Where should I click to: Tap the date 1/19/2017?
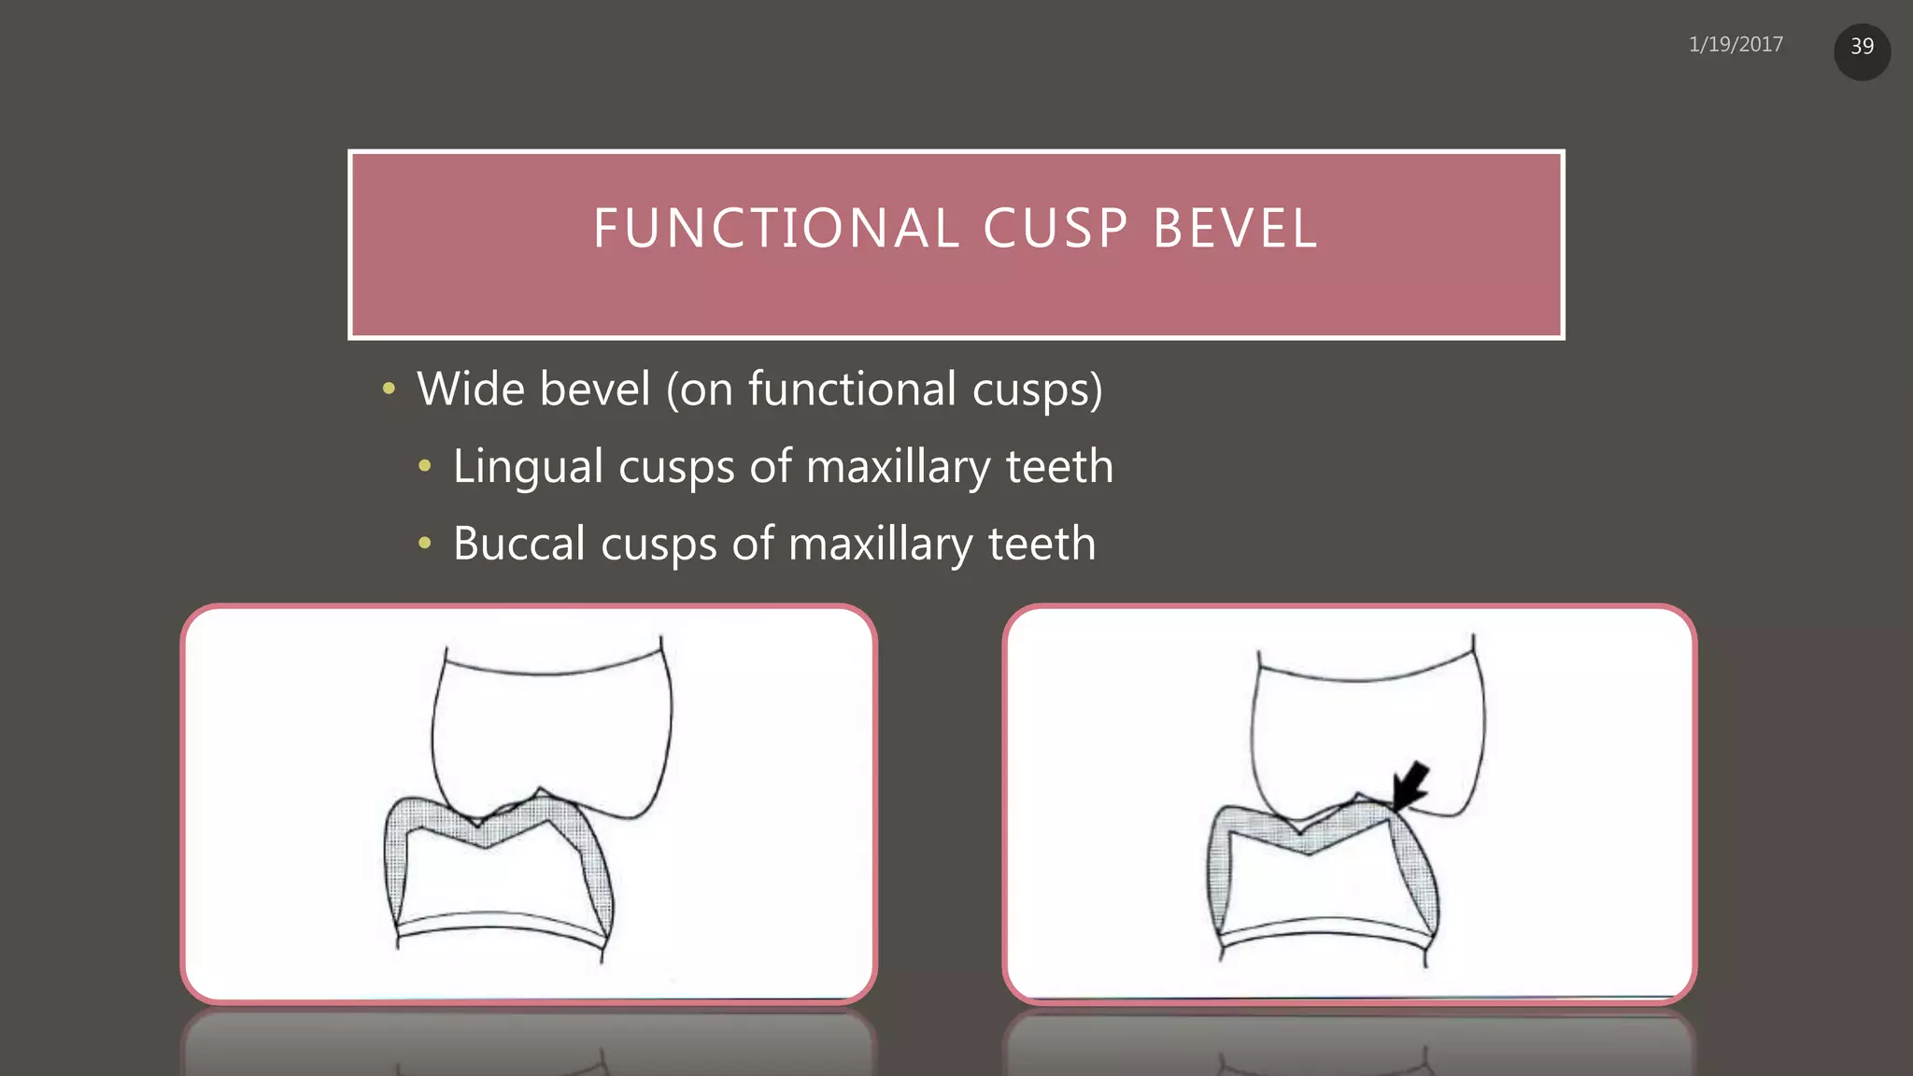[1736, 45]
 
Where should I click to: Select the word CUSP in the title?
[1056, 229]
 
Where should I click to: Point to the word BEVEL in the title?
[1235, 229]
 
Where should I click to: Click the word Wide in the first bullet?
[470, 389]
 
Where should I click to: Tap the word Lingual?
[528, 466]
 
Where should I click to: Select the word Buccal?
[519, 544]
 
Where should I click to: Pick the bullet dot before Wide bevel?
[389, 389]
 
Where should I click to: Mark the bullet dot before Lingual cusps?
[425, 465]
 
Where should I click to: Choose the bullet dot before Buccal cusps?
[425, 543]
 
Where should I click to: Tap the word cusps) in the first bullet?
[1037, 389]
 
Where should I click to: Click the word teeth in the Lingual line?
[1059, 466]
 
